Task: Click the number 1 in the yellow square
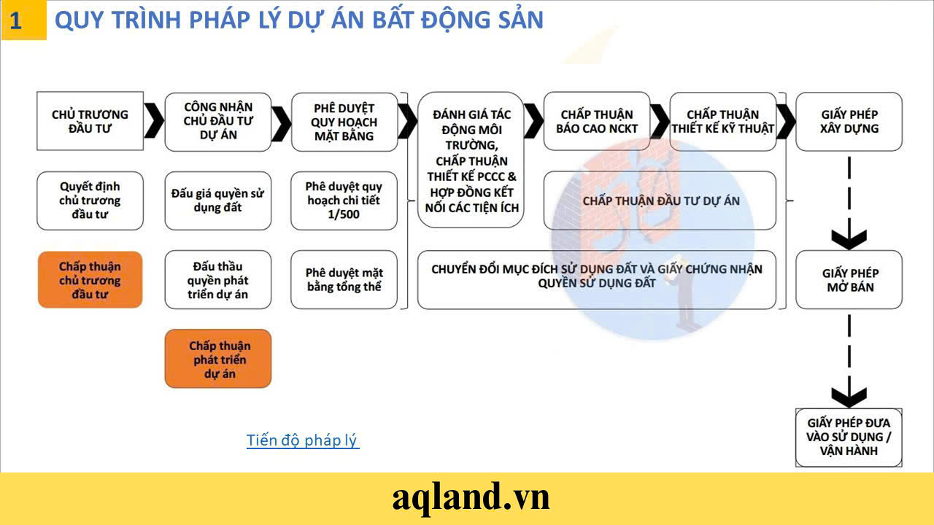click(x=16, y=21)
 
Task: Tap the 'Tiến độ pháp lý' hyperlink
click(x=303, y=440)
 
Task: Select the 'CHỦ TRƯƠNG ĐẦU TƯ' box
click(x=90, y=121)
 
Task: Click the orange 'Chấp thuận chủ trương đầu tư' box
click(x=90, y=280)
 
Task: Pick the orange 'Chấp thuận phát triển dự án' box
click(x=218, y=359)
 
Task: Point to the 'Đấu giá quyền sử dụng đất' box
click(x=218, y=201)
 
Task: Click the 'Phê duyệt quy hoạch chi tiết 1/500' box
click(x=344, y=201)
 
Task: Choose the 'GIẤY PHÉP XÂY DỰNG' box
click(x=849, y=121)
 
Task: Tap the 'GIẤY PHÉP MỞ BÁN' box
click(x=849, y=280)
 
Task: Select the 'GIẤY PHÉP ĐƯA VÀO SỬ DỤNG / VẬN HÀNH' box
click(x=849, y=437)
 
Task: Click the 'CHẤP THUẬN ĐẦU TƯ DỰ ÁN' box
click(x=660, y=201)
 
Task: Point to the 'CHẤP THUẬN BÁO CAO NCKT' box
click(x=597, y=121)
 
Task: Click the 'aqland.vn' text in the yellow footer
click(x=471, y=498)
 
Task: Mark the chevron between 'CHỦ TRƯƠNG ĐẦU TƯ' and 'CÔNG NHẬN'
click(x=153, y=121)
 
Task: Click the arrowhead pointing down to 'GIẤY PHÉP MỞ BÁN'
click(x=849, y=238)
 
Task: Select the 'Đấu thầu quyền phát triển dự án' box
click(x=218, y=280)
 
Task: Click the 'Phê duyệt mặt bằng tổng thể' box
click(x=344, y=280)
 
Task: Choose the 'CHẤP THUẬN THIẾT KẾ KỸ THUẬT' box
click(x=723, y=121)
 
